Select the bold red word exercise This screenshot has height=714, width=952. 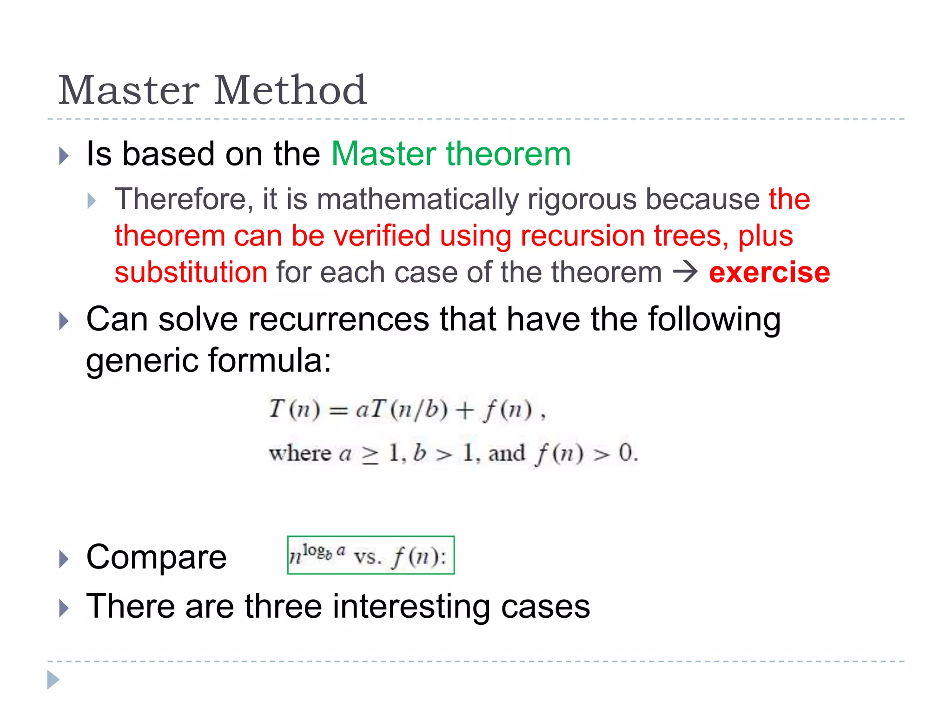point(769,272)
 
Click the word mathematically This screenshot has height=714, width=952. point(417,199)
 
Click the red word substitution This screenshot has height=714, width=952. point(191,272)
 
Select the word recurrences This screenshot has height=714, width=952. point(339,319)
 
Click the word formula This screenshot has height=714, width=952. point(270,360)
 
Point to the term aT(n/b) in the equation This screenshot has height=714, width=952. point(402,410)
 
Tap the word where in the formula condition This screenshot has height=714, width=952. point(300,453)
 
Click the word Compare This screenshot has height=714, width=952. point(156,557)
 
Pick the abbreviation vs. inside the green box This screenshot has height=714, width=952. point(368,557)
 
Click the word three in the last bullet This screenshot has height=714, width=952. point(283,606)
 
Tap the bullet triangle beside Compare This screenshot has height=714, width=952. point(64,559)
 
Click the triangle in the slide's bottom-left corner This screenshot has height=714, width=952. point(53,680)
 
